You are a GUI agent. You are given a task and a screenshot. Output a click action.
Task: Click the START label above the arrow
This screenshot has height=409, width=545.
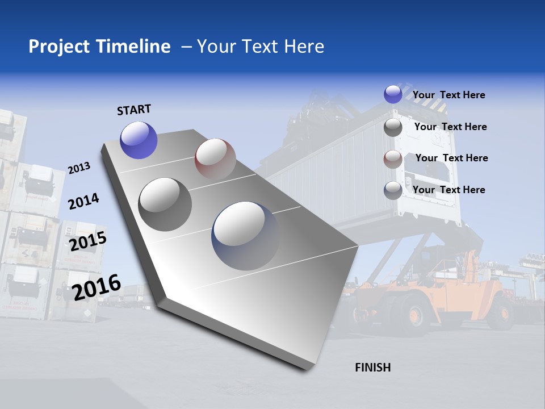click(x=134, y=110)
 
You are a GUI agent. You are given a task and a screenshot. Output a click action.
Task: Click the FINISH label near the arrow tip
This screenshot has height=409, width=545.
click(x=372, y=368)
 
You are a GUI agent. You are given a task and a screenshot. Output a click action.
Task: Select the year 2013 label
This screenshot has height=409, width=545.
click(x=79, y=168)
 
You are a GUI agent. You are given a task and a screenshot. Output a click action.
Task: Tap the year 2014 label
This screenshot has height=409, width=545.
click(x=83, y=201)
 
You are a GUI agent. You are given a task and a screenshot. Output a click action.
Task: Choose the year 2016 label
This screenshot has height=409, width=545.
click(x=97, y=287)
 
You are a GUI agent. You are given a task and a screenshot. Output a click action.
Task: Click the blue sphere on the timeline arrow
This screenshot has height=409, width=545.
click(x=139, y=140)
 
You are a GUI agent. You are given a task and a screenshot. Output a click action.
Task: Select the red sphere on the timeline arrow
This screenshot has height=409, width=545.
click(x=215, y=159)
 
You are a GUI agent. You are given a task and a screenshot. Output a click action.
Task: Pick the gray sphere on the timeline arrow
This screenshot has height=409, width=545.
click(x=165, y=204)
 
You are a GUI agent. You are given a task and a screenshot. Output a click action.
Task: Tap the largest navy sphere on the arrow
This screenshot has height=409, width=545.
click(x=245, y=235)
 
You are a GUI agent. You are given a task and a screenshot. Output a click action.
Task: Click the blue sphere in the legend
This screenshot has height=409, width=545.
click(x=393, y=94)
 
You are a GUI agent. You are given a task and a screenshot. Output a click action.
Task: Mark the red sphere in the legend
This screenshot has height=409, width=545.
click(x=393, y=159)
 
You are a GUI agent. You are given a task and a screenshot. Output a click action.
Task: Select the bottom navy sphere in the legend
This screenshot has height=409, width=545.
click(x=393, y=190)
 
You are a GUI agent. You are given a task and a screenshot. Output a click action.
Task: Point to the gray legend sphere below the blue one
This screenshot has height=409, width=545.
click(x=393, y=127)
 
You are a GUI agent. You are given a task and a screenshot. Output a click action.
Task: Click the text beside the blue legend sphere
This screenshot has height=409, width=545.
click(x=448, y=95)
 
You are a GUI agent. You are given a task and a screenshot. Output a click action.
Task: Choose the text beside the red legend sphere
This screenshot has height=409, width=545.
click(x=451, y=158)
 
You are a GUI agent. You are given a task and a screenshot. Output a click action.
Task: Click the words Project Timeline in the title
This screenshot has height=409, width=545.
click(x=99, y=47)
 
